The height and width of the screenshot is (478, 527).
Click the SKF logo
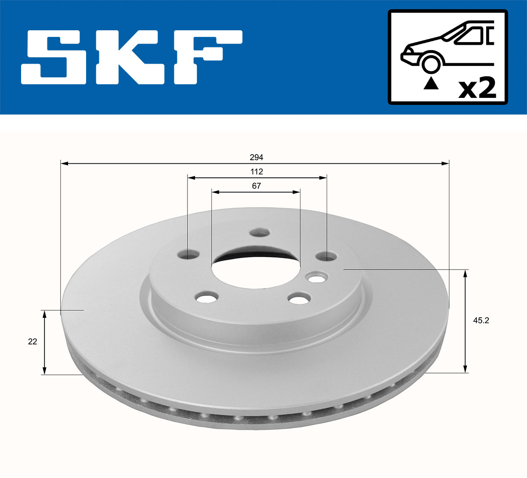point(132,57)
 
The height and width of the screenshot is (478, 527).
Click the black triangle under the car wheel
point(431,83)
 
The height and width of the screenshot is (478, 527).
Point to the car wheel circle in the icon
point(431,64)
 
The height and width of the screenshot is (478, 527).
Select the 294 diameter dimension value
point(256,157)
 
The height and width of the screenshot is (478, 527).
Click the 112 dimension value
point(256,171)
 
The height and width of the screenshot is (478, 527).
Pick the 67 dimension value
point(256,186)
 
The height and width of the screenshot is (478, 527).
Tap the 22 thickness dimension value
point(32,341)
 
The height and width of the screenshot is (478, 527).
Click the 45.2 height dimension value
point(480,320)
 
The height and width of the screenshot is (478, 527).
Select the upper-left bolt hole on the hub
point(189,254)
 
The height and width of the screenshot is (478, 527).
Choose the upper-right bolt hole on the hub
point(326,256)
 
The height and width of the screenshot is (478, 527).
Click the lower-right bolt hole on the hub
point(298,299)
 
